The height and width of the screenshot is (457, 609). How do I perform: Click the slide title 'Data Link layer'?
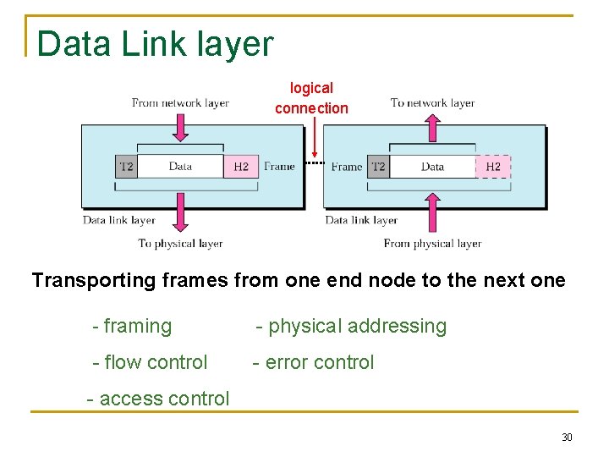(156, 44)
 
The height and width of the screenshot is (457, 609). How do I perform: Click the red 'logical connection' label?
(311, 97)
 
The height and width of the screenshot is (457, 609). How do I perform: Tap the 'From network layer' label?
(180, 103)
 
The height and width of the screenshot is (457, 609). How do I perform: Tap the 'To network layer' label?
(432, 103)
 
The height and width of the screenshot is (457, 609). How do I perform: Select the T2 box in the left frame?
(126, 167)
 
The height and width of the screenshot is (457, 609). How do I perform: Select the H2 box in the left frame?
(241, 167)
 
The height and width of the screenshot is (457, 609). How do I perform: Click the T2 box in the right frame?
(378, 167)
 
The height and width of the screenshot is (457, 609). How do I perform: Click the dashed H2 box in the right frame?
(493, 167)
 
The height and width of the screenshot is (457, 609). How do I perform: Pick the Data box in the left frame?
(180, 166)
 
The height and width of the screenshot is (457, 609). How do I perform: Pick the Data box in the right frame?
(432, 166)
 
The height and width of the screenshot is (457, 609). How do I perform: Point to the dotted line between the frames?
(314, 162)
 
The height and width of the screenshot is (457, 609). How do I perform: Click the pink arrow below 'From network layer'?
(180, 127)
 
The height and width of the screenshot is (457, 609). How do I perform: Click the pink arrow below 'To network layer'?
(432, 127)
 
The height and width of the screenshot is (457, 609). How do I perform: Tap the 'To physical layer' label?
(180, 244)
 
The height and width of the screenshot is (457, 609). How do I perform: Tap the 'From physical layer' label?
(432, 244)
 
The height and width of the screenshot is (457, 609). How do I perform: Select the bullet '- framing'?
(132, 326)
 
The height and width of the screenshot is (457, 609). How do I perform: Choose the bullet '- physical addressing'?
(351, 326)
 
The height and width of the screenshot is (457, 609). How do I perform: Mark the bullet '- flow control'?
(150, 362)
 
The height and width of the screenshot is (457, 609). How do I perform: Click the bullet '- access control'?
(158, 399)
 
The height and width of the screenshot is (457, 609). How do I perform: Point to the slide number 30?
(567, 438)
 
